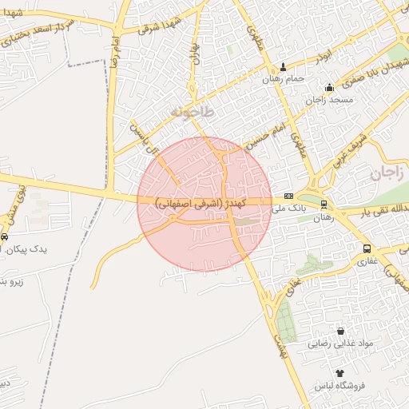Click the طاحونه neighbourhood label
pyautogui.click(x=193, y=113)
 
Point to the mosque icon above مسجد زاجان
pyautogui.click(x=328, y=87)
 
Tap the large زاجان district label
pyautogui.click(x=387, y=173)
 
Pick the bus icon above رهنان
pyautogui.click(x=324, y=204)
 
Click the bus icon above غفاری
pyautogui.click(x=366, y=248)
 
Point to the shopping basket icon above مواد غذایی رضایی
pyautogui.click(x=341, y=331)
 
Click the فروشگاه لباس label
pyautogui.click(x=340, y=385)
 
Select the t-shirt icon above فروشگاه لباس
pyautogui.click(x=340, y=373)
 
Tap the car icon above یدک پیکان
pyautogui.click(x=5, y=237)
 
